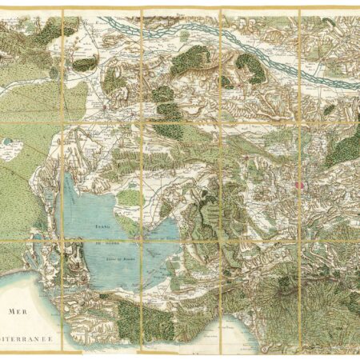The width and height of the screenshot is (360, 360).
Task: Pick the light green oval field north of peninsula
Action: click(x=130, y=195)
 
